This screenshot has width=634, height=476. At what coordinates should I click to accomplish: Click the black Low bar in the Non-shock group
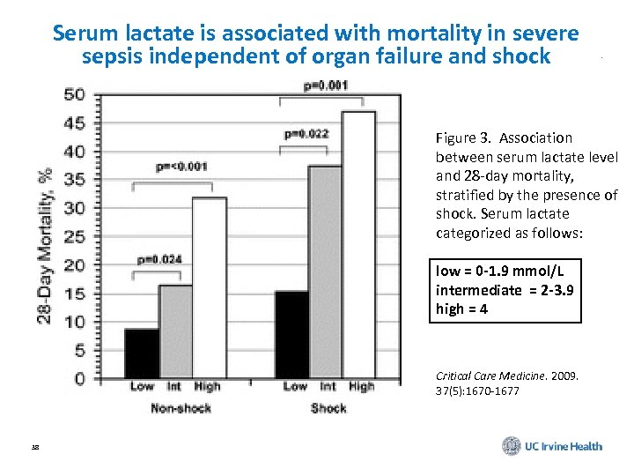(x=142, y=353)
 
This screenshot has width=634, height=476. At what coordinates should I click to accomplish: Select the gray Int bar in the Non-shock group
(x=176, y=331)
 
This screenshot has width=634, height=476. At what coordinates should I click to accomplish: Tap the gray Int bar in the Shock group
(x=327, y=272)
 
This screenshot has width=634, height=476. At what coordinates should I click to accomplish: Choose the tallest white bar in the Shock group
(x=359, y=246)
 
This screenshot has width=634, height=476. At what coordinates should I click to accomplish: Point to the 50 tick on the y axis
(x=77, y=94)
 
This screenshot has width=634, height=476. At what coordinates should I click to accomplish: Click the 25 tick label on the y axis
(x=77, y=237)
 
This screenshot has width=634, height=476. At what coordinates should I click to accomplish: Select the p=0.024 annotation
(x=159, y=260)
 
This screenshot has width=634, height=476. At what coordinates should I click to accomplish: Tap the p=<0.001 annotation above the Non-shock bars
(x=182, y=165)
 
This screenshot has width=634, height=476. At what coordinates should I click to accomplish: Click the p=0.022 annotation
(x=306, y=134)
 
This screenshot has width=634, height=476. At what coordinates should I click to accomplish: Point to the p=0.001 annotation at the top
(x=326, y=86)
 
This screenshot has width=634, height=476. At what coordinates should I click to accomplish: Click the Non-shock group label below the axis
(x=181, y=408)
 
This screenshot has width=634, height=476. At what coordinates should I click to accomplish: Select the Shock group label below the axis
(x=328, y=408)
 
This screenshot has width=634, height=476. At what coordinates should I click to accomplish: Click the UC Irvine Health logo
(x=552, y=446)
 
